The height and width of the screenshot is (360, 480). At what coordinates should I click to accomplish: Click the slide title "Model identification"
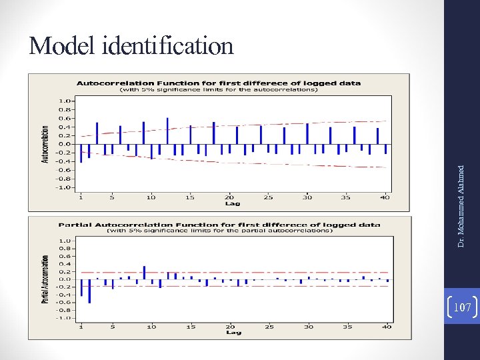pyautogui.click(x=131, y=46)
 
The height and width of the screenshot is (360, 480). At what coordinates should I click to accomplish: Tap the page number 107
pyautogui.click(x=462, y=307)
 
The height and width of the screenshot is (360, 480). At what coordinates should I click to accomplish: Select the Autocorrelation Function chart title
pyautogui.click(x=219, y=83)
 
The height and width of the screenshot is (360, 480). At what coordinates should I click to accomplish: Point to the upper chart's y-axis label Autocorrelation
pyautogui.click(x=45, y=143)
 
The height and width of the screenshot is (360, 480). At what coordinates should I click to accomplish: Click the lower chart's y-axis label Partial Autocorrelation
pyautogui.click(x=45, y=279)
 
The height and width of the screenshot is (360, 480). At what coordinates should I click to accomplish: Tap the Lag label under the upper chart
pyautogui.click(x=233, y=203)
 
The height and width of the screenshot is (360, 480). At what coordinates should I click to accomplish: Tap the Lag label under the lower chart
pyautogui.click(x=233, y=332)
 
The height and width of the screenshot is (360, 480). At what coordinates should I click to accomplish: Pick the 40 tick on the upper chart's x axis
pyautogui.click(x=385, y=197)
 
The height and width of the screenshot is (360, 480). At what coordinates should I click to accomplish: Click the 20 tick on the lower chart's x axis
pyautogui.click(x=229, y=326)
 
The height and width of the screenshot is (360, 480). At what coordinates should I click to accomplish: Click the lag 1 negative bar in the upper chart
pyautogui.click(x=81, y=153)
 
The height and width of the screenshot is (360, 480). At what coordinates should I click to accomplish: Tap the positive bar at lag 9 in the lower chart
pyautogui.click(x=144, y=272)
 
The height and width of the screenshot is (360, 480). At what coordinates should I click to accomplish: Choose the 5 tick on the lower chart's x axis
pyautogui.click(x=113, y=326)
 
